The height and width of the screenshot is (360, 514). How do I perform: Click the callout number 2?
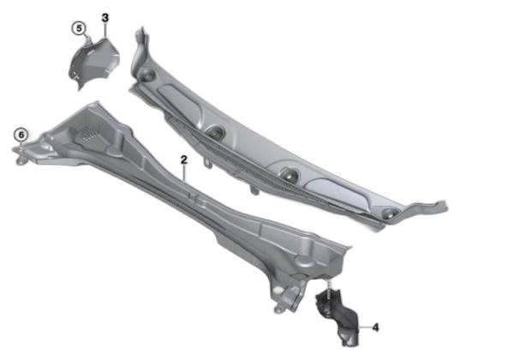(x=184, y=160)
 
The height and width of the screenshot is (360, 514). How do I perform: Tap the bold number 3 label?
(x=105, y=18)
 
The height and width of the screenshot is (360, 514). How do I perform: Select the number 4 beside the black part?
(x=376, y=327)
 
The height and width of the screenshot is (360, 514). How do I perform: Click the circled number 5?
(x=79, y=28)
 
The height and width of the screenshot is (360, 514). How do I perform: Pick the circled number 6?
(x=21, y=135)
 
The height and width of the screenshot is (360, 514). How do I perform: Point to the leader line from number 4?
(x=365, y=327)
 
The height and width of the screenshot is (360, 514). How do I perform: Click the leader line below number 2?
(x=184, y=174)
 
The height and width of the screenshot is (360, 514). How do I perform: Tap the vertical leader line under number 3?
(x=105, y=31)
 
